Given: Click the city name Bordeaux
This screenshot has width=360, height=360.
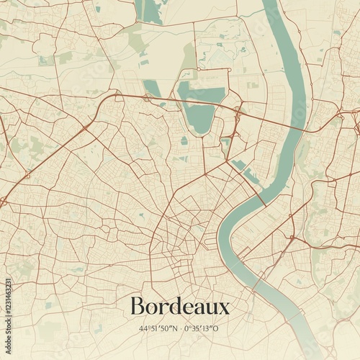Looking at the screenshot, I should (180, 307).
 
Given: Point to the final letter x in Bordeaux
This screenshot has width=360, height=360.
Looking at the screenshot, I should (224, 308).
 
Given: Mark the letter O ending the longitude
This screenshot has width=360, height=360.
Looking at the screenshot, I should (216, 328).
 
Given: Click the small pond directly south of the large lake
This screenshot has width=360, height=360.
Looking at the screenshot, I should (184, 141).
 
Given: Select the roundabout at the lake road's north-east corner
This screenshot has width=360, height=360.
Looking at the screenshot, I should (228, 69).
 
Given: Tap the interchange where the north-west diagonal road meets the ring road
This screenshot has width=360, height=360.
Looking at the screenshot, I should (87, 127).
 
